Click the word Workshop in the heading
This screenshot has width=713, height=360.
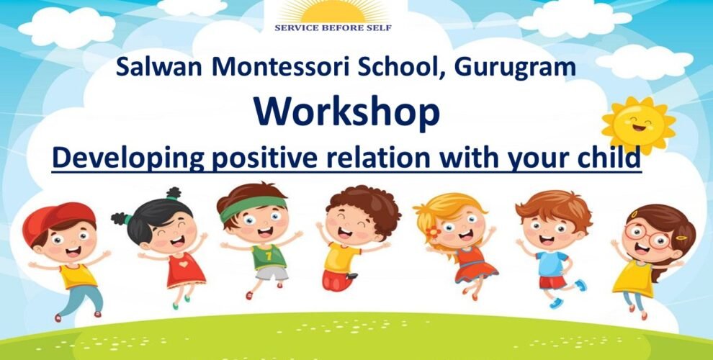tap(346, 113)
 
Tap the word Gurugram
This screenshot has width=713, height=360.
tap(515, 67)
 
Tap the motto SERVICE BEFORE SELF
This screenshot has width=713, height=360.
tap(333, 28)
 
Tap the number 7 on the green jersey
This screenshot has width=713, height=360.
tap(269, 256)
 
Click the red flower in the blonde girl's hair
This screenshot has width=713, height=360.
tap(432, 233)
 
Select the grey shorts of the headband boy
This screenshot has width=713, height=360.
tap(272, 272)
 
